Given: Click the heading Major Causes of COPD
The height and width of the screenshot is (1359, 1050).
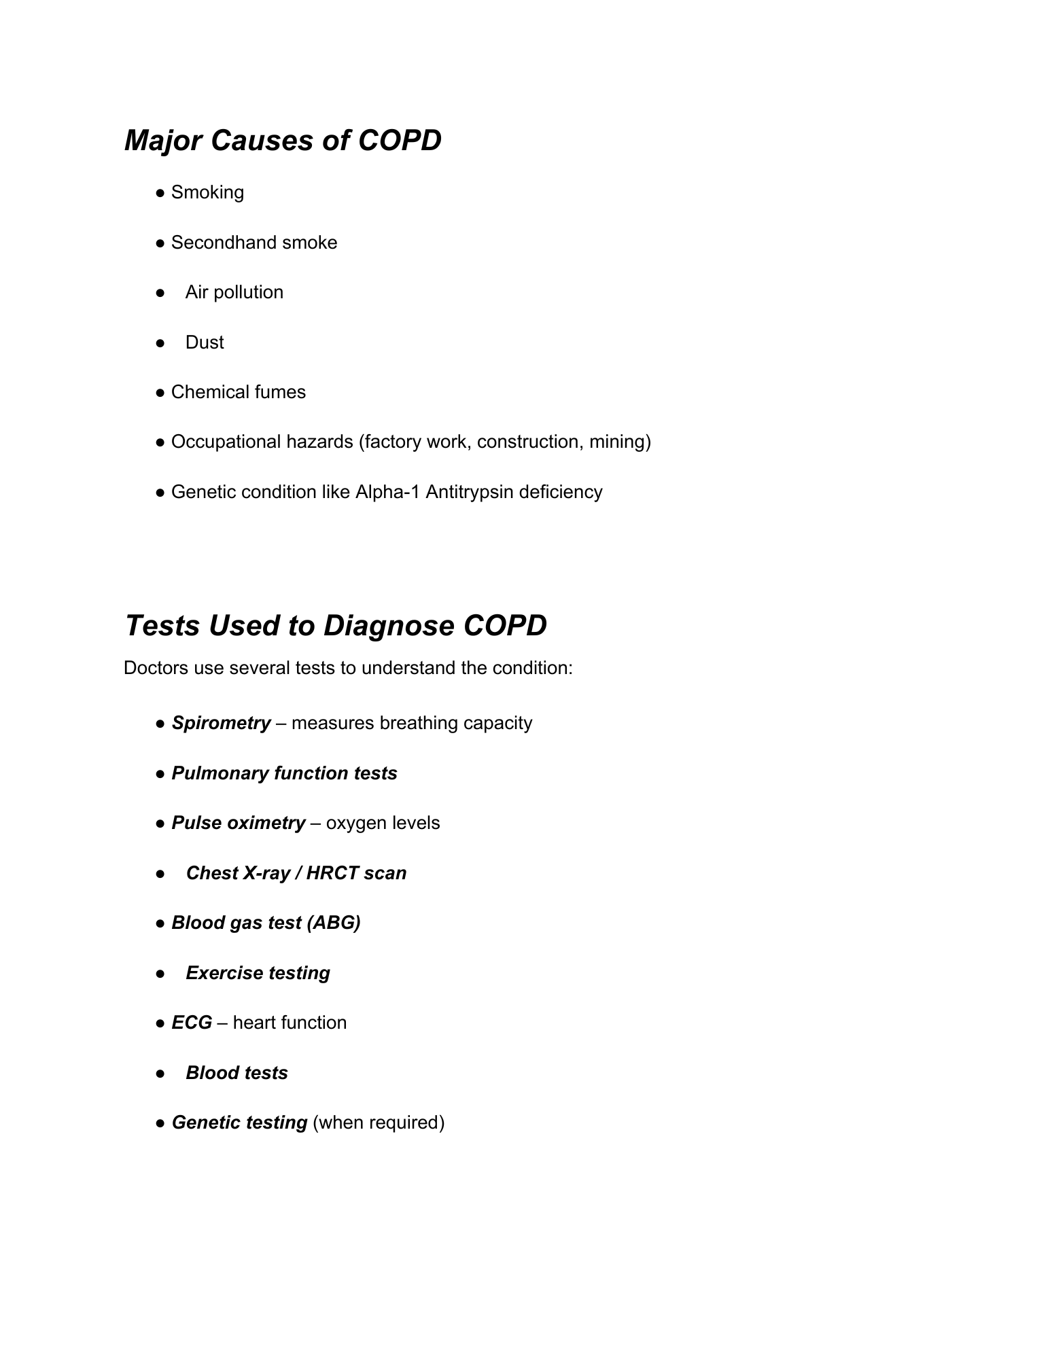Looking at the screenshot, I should click(283, 141).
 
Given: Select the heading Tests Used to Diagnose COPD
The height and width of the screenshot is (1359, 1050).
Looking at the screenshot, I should click(336, 625).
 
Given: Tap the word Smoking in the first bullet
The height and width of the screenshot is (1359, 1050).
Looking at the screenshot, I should click(207, 192).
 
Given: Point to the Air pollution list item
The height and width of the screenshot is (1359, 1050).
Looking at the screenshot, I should click(234, 292).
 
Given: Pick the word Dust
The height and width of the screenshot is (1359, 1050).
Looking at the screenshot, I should click(205, 342).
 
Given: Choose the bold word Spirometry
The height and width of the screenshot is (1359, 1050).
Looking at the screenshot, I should click(221, 723).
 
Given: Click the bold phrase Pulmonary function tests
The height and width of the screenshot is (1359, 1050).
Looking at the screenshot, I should click(284, 773).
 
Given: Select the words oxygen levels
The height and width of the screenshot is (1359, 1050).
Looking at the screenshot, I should click(383, 823).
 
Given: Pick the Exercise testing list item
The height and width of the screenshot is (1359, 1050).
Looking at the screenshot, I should click(258, 973).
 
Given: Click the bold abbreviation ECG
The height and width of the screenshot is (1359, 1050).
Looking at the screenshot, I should click(192, 1023).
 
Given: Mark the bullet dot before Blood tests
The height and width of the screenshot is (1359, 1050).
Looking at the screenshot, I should click(160, 1073).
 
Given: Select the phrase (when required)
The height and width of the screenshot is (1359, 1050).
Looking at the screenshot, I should click(379, 1123).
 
